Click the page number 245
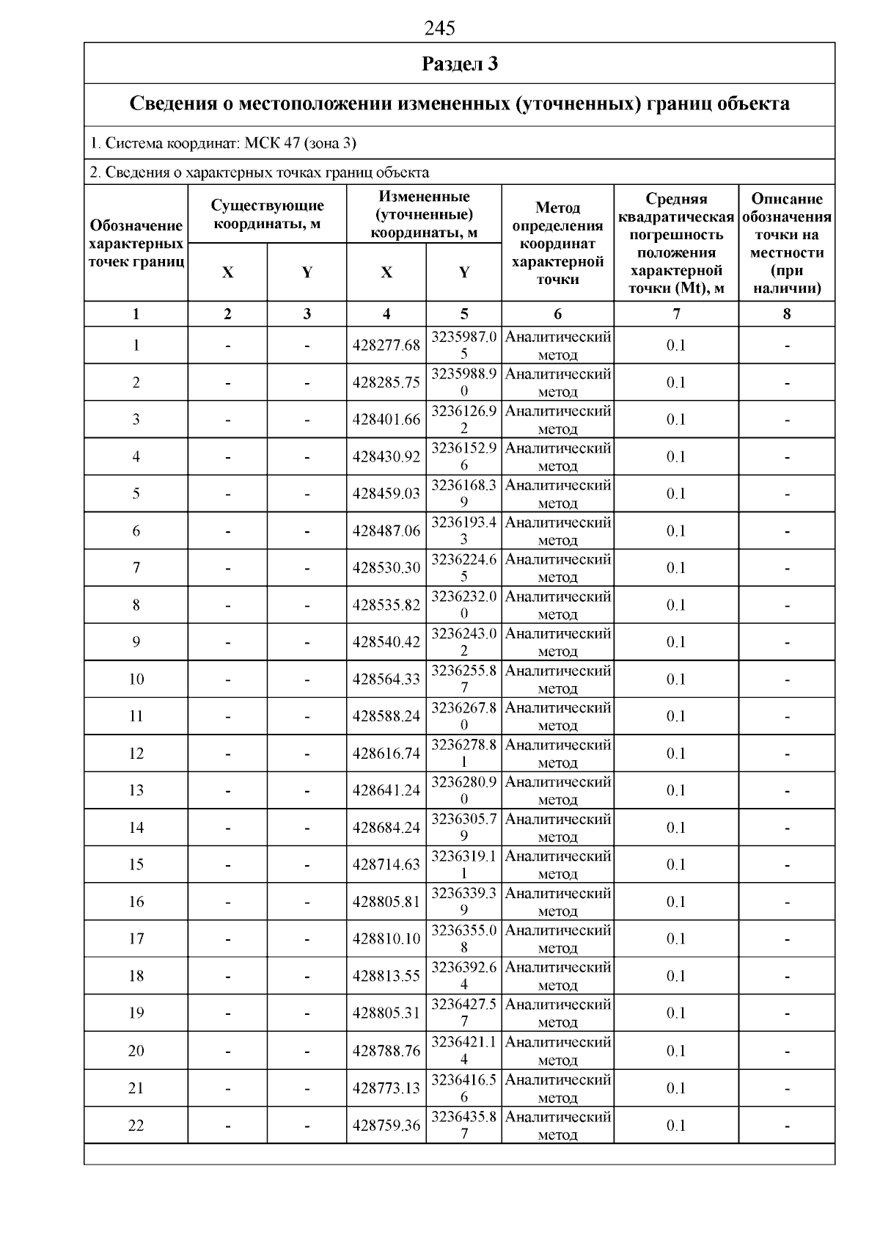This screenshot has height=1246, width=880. (439, 28)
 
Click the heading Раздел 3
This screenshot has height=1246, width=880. (460, 64)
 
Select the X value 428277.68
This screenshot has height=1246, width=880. (386, 345)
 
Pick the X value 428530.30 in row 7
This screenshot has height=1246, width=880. (386, 567)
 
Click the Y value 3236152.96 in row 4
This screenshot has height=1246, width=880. (463, 456)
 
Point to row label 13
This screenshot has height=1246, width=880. (136, 790)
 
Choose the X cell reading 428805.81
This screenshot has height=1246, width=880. (386, 902)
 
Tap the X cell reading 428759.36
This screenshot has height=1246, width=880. (386, 1125)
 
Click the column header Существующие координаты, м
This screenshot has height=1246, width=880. (267, 214)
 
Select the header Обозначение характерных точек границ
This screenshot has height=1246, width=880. (136, 244)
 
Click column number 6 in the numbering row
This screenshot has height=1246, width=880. (557, 314)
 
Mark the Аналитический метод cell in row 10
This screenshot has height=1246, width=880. (557, 680)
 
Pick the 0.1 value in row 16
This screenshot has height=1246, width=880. (675, 902)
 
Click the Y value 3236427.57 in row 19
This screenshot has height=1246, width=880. (463, 1013)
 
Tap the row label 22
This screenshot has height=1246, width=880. (136, 1125)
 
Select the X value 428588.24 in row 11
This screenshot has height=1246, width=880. (386, 716)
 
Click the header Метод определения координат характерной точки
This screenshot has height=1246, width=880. (557, 244)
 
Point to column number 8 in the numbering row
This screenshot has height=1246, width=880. (786, 314)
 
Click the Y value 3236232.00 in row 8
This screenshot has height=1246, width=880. (463, 605)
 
